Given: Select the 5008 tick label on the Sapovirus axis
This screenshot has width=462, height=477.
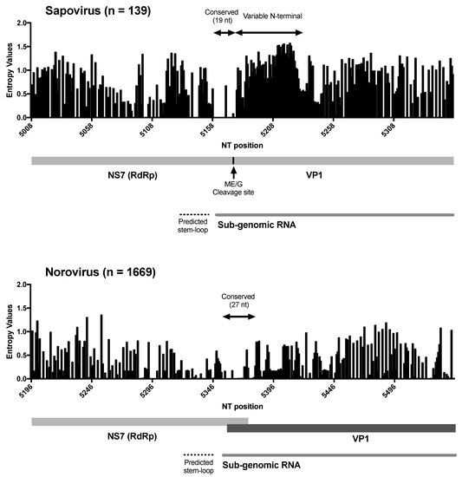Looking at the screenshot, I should click(33, 129).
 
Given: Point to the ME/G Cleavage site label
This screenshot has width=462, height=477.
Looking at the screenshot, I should click(234, 188).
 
